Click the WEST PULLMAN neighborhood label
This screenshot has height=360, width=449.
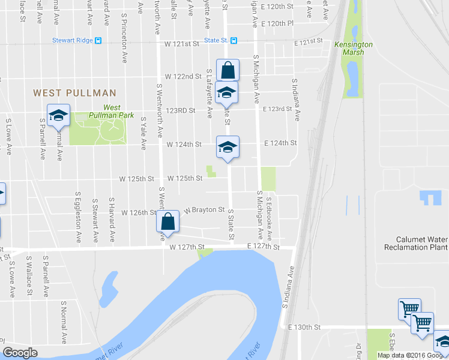(x=74, y=93)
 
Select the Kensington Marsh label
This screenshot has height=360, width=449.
(x=354, y=49)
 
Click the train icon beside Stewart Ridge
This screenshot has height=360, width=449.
(x=98, y=41)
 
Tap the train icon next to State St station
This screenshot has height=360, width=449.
(x=234, y=41)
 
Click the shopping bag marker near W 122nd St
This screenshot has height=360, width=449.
(x=228, y=70)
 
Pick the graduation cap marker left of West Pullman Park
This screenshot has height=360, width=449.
(x=59, y=116)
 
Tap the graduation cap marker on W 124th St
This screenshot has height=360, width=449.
(x=228, y=147)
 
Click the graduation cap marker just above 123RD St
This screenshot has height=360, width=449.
(x=228, y=92)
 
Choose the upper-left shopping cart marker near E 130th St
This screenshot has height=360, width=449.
(x=409, y=310)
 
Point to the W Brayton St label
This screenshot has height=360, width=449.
(x=204, y=211)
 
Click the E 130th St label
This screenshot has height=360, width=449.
(x=305, y=328)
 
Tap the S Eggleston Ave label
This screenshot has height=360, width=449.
(x=79, y=217)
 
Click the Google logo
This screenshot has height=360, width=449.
(x=20, y=353)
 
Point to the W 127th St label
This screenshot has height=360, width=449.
(x=187, y=247)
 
